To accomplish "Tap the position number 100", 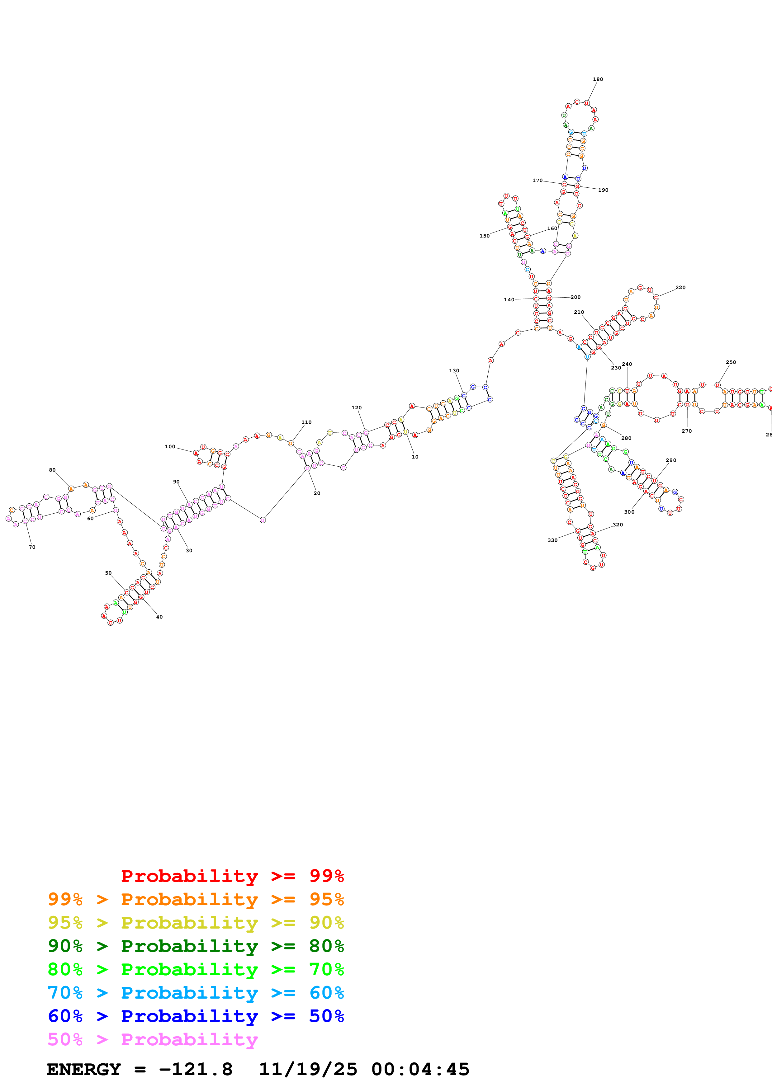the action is pyautogui.click(x=170, y=447).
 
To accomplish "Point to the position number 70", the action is pyautogui.click(x=32, y=547).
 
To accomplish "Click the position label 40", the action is pyautogui.click(x=159, y=617).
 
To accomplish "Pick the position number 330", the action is pyautogui.click(x=552, y=540).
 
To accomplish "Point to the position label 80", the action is pyautogui.click(x=52, y=470).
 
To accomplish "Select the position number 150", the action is pyautogui.click(x=484, y=236).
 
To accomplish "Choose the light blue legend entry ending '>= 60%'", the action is pyautogui.click(x=196, y=993).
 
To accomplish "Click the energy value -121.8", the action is pyautogui.click(x=196, y=1069).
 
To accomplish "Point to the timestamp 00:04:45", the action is pyautogui.click(x=420, y=1069).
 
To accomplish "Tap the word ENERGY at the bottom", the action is pyautogui.click(x=84, y=1069).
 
